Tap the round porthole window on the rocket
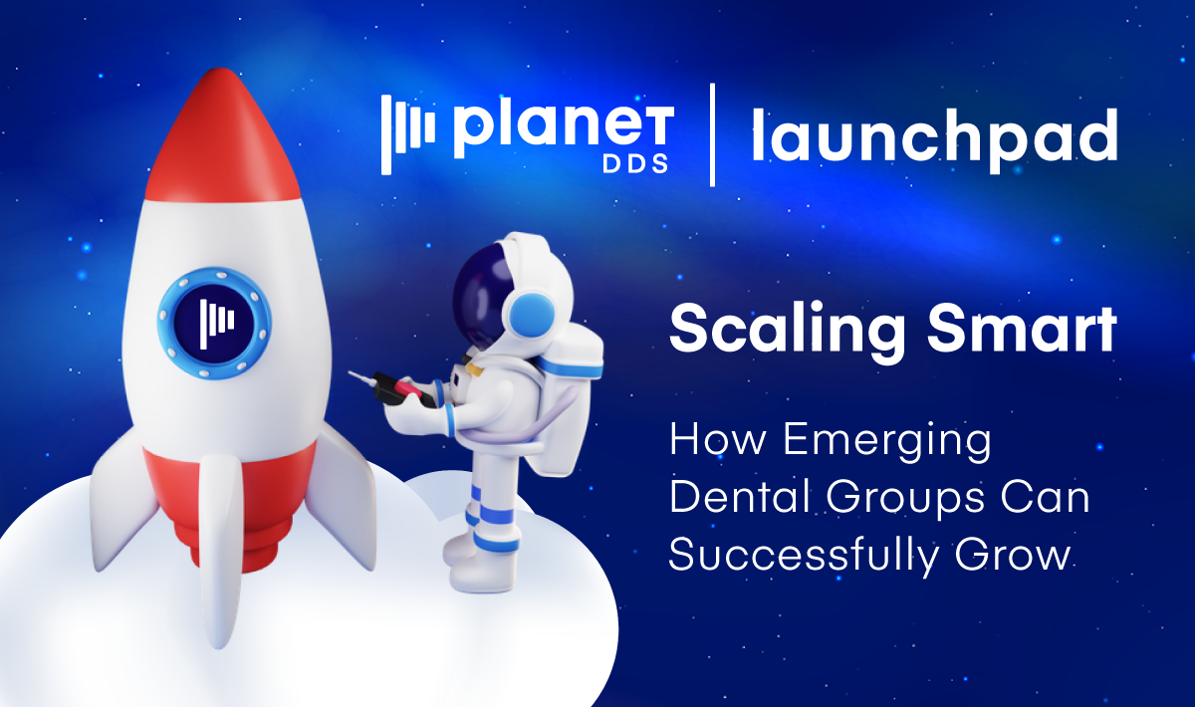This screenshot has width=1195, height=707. coord(214,323)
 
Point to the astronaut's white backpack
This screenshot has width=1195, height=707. coord(571,395)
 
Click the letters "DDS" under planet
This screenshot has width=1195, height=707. coord(635,163)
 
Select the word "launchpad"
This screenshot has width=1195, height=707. coord(935,138)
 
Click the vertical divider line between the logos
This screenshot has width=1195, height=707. coord(713,134)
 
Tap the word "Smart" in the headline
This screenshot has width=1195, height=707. coord(1022,328)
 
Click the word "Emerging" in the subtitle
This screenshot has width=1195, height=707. coord(887,441)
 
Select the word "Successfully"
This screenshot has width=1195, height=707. coord(803,554)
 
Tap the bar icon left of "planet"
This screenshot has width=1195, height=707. coord(408,134)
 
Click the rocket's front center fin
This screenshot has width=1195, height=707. coord(220,550)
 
